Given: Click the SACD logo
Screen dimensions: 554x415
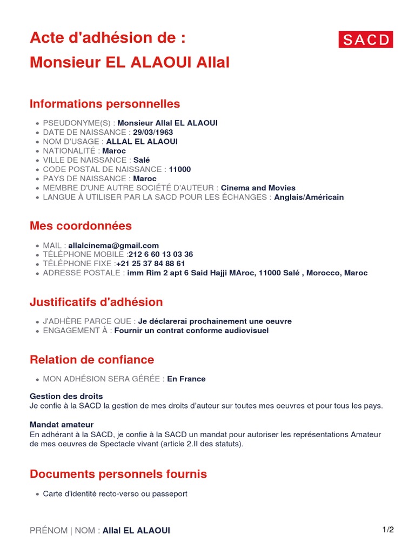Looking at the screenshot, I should [366, 39].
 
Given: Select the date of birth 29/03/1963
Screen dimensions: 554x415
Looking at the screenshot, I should [153, 132].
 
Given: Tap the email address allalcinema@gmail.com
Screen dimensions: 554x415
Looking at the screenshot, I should [113, 245].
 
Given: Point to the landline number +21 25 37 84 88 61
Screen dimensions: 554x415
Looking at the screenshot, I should [151, 263].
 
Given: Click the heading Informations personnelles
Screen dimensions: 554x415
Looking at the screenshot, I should [105, 104].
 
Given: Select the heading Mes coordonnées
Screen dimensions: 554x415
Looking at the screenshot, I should [81, 226].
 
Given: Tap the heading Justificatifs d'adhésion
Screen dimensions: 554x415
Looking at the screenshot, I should [96, 302].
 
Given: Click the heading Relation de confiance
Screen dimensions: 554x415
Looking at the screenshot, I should [92, 360].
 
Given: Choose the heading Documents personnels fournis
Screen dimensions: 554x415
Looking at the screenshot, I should [118, 474].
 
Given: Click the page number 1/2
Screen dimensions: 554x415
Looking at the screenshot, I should [388, 530].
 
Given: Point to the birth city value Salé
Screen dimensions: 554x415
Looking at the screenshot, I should [141, 160].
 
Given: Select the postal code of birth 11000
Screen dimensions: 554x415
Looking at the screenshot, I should [180, 169].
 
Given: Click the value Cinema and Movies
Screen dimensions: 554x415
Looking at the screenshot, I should [259, 188].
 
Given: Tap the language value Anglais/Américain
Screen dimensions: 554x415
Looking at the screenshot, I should [309, 197].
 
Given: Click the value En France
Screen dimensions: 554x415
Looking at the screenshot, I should [186, 379].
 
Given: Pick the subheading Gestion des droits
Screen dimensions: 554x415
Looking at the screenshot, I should [66, 397].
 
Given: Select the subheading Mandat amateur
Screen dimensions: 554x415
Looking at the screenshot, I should [62, 425].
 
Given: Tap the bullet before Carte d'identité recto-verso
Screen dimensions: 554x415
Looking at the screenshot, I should [37, 494].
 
